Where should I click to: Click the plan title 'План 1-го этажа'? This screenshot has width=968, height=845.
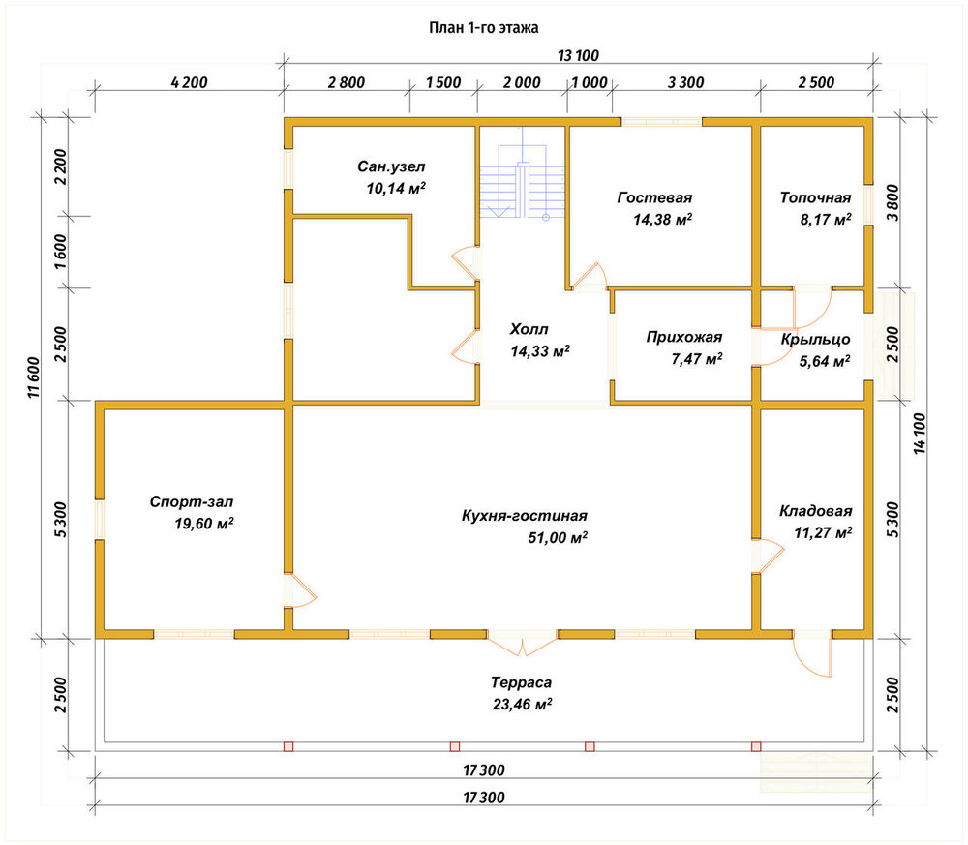click(x=483, y=28)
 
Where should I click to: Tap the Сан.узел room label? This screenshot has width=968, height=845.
click(x=391, y=166)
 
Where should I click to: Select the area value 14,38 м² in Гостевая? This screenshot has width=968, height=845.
click(x=662, y=219)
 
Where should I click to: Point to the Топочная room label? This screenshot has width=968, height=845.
click(x=815, y=197)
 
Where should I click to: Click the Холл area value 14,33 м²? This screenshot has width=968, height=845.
click(x=540, y=351)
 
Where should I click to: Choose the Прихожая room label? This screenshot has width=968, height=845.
click(x=684, y=337)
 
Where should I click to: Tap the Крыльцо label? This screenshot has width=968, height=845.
click(x=815, y=339)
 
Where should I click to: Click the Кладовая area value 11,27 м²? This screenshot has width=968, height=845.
click(x=823, y=532)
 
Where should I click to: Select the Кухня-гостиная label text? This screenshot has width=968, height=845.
click(x=524, y=515)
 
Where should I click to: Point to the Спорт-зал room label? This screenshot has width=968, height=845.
click(x=192, y=501)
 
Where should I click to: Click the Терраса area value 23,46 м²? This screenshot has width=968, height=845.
click(x=523, y=704)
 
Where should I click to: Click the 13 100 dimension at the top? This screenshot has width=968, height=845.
click(x=579, y=55)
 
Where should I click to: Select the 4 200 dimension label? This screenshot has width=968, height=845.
click(x=189, y=82)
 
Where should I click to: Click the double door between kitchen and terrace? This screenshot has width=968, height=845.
click(x=523, y=643)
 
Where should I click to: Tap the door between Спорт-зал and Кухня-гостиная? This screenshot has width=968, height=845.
click(x=300, y=591)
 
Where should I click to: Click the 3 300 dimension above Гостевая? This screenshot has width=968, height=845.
click(x=686, y=82)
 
